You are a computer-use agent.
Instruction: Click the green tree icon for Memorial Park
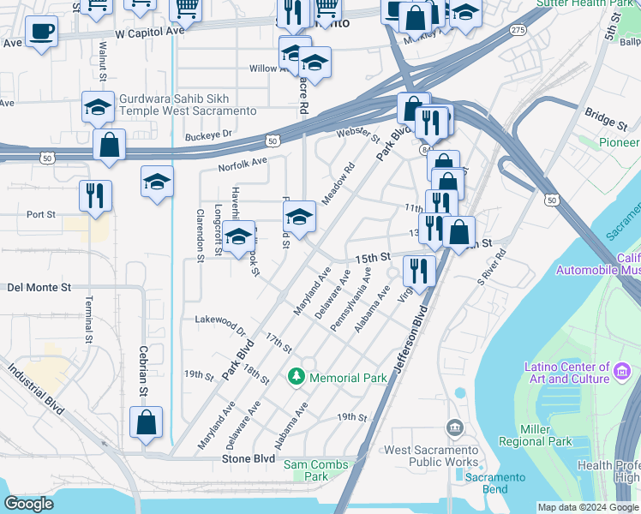click(x=297, y=376)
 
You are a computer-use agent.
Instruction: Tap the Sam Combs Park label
click(x=316, y=470)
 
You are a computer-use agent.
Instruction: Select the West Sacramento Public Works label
click(x=431, y=456)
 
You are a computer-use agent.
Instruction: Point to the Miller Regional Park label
click(x=546, y=434)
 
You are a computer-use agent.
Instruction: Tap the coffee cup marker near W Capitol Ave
click(x=41, y=33)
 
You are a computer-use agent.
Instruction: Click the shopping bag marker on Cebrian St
click(x=146, y=421)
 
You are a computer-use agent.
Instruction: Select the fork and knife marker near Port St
click(x=95, y=195)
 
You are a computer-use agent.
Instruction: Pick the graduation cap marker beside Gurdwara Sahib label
click(x=99, y=107)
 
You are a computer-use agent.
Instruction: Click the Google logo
click(x=30, y=504)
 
